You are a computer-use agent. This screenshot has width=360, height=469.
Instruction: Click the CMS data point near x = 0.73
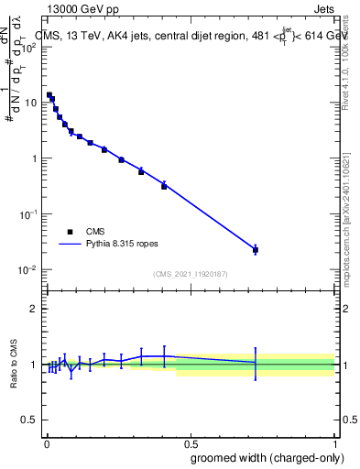point(256,250)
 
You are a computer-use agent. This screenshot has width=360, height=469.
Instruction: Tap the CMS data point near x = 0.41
point(164,186)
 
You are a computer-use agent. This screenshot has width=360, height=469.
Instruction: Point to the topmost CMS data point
point(49,95)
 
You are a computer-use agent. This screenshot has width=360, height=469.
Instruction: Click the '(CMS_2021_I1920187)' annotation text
point(190,273)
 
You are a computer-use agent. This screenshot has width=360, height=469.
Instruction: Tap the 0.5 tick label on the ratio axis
point(28,421)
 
